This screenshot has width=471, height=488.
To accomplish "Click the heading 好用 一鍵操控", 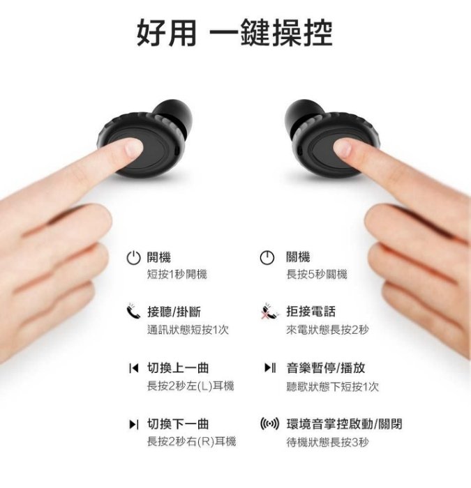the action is coord(234,33).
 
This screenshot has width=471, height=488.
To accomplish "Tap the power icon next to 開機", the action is coord(134,258).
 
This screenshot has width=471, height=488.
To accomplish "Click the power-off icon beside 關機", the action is coord(267,258).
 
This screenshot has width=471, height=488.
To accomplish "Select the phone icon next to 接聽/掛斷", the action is coord(134,311).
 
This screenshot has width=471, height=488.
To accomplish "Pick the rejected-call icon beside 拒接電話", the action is coord(268,311).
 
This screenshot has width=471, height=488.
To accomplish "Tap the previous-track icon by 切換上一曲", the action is coord(134,368).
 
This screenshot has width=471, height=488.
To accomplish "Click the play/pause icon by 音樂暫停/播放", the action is coord(270,367).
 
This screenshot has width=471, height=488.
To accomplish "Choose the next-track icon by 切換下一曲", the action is coord(134,424).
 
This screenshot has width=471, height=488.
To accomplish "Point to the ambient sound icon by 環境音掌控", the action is coord(269,424).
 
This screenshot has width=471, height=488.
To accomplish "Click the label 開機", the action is coord(159,257).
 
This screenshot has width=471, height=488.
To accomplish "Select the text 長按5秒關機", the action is coord(317,275).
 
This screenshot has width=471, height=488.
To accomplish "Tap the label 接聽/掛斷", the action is coord(174,312).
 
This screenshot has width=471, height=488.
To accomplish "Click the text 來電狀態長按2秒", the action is coord(327,329).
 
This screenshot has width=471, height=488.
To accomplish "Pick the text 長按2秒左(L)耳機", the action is coord(190,386).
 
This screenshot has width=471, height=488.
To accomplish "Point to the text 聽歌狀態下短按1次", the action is coord(332,386).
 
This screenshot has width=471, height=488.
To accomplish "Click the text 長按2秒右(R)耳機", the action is coord(191,441).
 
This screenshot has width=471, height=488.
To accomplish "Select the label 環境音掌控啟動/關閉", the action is coord(344,424).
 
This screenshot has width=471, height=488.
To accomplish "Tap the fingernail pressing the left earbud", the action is coord(134,147).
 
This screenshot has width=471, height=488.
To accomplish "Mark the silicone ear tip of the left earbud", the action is coord(174,115).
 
